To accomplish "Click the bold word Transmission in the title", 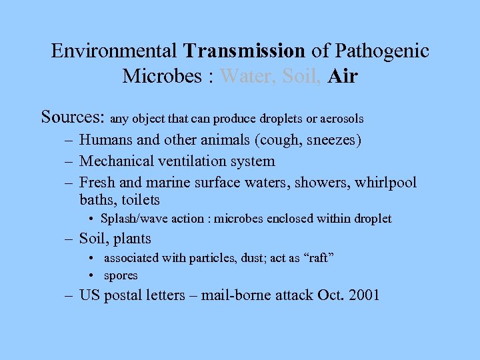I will pos(245,51).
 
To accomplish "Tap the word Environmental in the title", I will pos(113,51).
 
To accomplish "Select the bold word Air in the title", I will pos(343,76).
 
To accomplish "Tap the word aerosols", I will pos(341,119).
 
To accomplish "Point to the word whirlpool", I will pos(386,182).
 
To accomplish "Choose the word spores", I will pos(121,275).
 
